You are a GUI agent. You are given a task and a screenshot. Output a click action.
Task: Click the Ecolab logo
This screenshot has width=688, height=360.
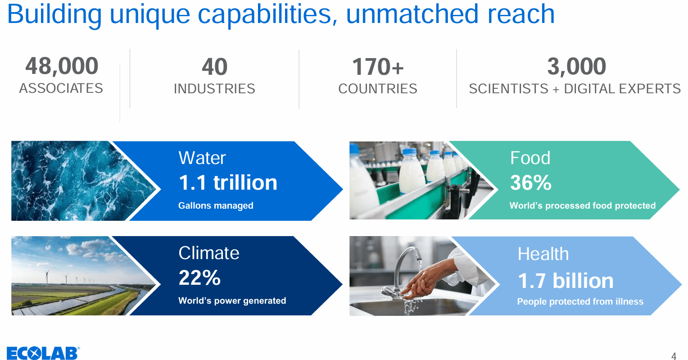coord(43,353)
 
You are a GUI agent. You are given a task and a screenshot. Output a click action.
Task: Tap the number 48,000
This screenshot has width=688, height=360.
coord(62,66)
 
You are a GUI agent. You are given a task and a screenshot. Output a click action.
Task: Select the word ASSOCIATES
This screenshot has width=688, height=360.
coord(61,88)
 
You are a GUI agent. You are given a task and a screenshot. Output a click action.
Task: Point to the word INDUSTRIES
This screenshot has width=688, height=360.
coord(214,89)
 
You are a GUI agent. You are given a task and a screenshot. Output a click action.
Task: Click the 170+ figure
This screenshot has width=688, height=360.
coord(378,67)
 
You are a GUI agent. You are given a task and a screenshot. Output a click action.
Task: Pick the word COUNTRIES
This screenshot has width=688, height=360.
coord(378,89)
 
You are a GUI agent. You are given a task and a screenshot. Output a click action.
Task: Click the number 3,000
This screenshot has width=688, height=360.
coord(576,67)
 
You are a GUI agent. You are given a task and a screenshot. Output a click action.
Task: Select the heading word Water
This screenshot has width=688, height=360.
coord(202,158)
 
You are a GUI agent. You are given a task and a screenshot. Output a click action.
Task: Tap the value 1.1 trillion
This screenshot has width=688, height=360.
coord(228,182)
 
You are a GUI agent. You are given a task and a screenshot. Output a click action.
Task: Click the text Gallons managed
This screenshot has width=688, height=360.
coord(216,206)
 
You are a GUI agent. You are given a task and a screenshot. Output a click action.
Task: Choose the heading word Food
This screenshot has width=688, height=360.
coord(530,158)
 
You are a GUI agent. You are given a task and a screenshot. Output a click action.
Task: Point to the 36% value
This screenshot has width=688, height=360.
coord(530,182)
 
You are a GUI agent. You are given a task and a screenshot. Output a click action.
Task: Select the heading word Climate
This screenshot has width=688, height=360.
coord(208,253)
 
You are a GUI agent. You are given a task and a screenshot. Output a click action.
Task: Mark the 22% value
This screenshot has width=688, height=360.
coord(199,278)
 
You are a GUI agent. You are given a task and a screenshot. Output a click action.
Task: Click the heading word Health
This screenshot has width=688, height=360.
coord(543,254)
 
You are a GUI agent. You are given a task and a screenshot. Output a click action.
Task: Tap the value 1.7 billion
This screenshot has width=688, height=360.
coord(566,281)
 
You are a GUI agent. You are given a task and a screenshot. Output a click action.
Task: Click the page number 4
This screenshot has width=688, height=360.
coord(674,356)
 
